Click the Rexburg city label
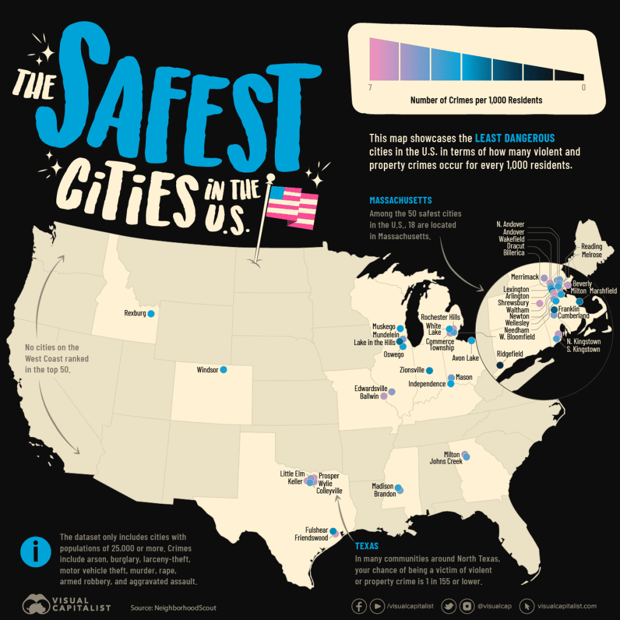point(135,314)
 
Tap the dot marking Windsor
point(223,369)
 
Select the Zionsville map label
point(412,370)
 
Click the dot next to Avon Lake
point(472,341)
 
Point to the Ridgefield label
point(510,353)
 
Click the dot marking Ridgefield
point(500,365)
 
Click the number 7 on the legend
point(369,88)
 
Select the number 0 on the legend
point(584,88)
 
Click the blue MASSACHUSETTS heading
point(400,200)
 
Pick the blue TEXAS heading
point(367,546)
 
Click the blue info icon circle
point(36,552)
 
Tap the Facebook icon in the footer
point(359,605)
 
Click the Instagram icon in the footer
point(467,605)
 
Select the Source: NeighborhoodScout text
point(173,607)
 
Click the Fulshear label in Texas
point(317,529)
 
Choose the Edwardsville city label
point(371,389)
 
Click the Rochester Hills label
point(440,317)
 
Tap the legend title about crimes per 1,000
point(476,100)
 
